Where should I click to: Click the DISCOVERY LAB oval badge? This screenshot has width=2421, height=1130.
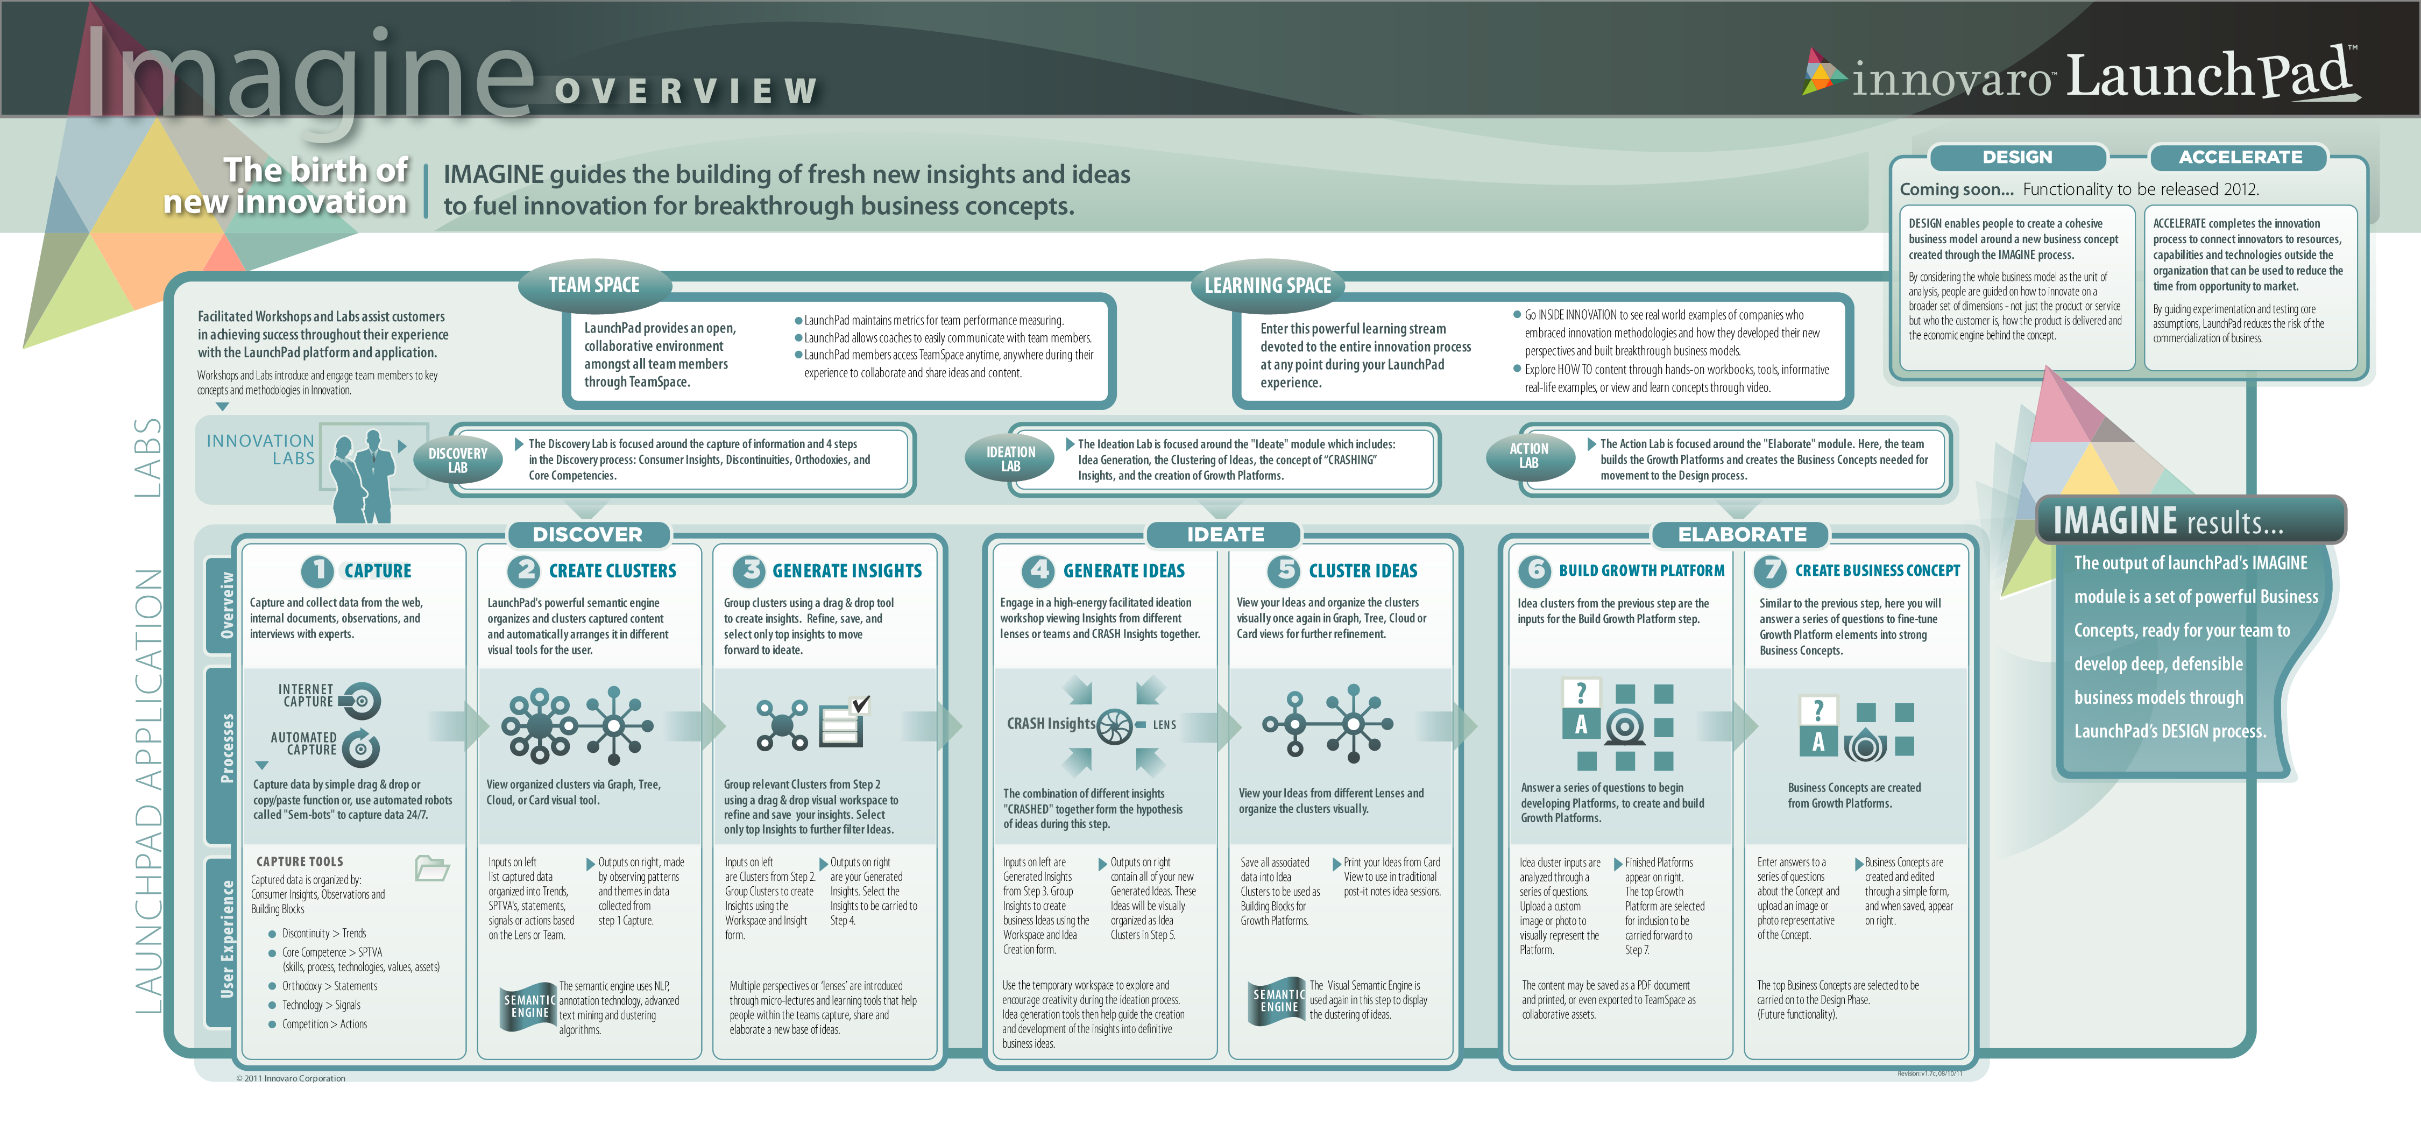458,460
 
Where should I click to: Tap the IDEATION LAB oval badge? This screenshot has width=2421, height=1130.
1010,459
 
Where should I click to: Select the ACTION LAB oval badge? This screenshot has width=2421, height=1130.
1529,456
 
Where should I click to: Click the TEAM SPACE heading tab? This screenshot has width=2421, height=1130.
594,285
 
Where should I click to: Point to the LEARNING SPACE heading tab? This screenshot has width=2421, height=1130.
1268,285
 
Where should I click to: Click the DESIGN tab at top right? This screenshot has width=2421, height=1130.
2017,157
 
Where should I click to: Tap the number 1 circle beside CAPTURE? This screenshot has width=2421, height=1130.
317,570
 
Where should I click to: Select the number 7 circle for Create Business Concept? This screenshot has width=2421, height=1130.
1771,570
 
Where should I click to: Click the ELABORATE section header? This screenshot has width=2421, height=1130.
1742,534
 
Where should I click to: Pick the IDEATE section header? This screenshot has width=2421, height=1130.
1224,534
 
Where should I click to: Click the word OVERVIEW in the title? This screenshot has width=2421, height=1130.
686,91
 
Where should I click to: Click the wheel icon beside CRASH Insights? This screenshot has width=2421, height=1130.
1115,726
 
